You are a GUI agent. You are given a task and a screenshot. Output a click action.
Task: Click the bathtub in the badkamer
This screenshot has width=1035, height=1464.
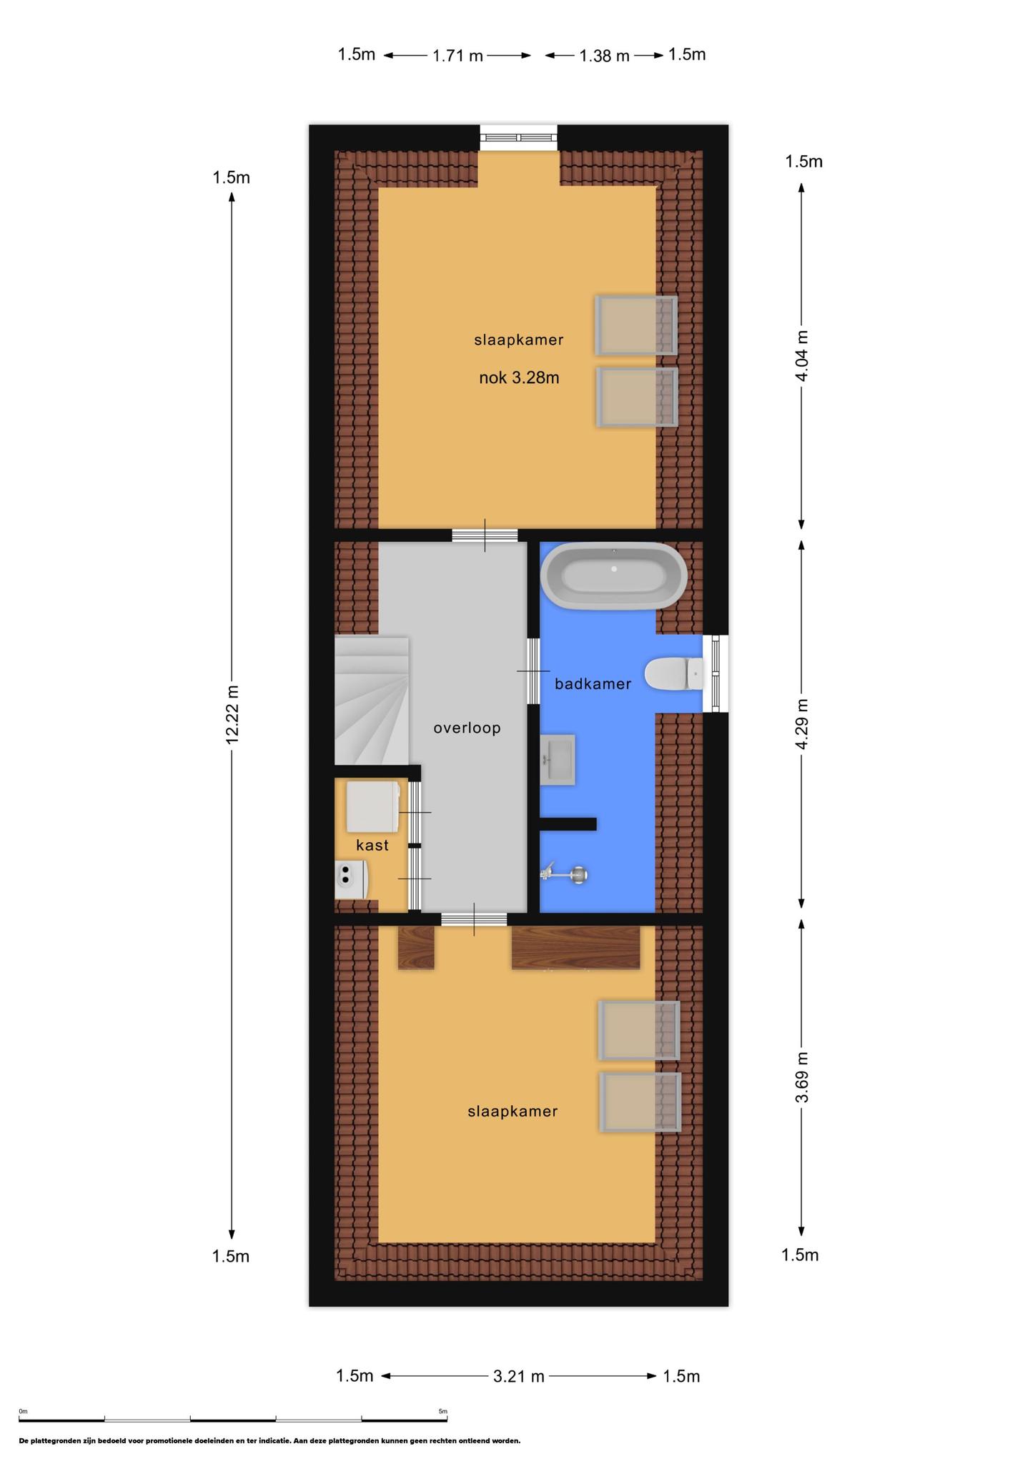coord(613,575)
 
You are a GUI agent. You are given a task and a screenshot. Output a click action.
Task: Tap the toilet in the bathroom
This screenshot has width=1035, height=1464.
coord(674,673)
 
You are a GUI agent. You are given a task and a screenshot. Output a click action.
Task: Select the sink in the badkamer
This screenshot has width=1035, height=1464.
coord(558,760)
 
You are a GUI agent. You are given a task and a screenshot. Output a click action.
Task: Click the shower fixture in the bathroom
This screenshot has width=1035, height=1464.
coord(565,874)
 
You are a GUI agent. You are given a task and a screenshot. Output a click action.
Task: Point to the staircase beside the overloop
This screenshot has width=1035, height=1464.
coord(372,701)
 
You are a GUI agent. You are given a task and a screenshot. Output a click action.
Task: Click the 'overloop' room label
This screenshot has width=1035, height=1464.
coord(467,728)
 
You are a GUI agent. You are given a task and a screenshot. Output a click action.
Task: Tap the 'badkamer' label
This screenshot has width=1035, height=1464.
coord(593,684)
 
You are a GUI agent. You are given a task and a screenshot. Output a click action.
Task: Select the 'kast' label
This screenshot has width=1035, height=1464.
coord(372,845)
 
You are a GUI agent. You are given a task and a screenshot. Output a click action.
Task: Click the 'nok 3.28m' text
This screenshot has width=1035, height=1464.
coord(519,378)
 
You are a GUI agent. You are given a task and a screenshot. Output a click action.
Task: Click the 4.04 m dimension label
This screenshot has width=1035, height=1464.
coord(802,355)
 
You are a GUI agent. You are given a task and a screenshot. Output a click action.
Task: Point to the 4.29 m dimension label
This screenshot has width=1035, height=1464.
coord(802,723)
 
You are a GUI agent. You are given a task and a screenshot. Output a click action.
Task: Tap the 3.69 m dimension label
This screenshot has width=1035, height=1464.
coord(802,1077)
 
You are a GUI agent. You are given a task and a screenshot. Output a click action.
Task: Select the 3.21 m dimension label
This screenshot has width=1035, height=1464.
coord(519,1376)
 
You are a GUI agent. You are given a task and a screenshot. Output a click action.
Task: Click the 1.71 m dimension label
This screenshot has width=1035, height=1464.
coord(458,56)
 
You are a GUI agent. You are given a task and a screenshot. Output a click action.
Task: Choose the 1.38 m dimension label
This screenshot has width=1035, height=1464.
coord(605,56)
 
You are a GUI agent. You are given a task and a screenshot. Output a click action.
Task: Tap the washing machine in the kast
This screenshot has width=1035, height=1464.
coord(372,806)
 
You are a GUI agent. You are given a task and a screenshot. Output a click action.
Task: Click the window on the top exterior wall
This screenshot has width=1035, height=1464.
coord(518,137)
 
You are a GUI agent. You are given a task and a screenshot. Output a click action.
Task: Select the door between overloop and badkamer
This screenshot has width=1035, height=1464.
coord(533,671)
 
